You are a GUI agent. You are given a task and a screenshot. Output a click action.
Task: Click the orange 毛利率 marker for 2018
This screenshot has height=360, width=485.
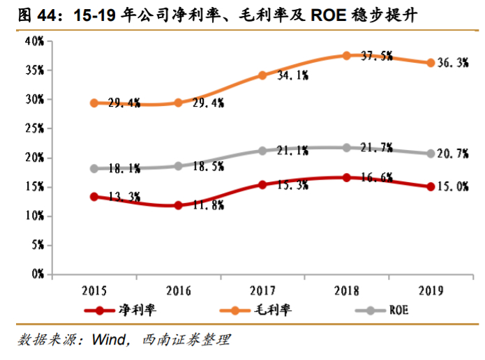point(347,55)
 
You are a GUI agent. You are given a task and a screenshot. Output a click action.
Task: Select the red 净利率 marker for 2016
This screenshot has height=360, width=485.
point(179,205)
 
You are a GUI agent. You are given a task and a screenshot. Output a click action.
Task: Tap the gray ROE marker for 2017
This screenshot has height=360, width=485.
point(262,150)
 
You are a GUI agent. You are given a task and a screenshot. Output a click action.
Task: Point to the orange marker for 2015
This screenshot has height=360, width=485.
point(94,103)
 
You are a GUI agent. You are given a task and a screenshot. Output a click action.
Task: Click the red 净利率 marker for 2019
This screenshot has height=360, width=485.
point(431,186)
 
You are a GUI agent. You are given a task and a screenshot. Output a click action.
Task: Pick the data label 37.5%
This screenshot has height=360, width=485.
point(377,56)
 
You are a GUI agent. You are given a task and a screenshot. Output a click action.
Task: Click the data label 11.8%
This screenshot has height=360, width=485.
point(207,206)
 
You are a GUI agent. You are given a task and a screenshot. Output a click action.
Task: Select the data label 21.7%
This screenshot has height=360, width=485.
point(377,148)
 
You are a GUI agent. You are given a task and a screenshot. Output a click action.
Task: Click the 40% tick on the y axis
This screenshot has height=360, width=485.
point(35,42)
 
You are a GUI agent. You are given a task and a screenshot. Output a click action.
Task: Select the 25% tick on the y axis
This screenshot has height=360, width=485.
point(35,129)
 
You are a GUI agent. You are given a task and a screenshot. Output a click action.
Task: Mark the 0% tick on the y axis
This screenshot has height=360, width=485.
point(38,274)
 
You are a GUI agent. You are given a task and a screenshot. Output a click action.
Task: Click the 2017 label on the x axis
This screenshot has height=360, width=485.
point(262,289)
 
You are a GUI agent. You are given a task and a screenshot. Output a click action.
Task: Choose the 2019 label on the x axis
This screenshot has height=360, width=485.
point(431,289)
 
